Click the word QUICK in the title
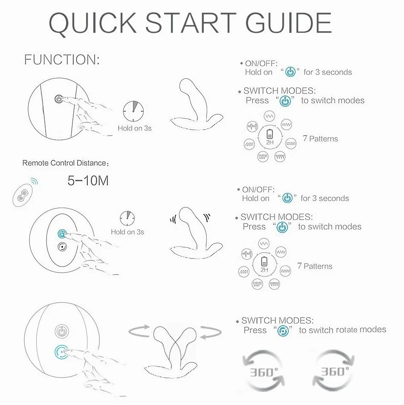[x=92, y=23]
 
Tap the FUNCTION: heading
[x=62, y=60]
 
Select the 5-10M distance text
[x=88, y=180]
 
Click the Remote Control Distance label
[x=65, y=163]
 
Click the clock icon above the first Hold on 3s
[x=133, y=111]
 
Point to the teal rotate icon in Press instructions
[x=283, y=331]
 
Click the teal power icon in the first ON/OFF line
[x=290, y=72]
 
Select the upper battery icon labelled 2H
[x=270, y=134]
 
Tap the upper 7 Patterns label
[x=320, y=139]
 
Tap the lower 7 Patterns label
[x=315, y=266]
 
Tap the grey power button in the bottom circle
[x=62, y=331]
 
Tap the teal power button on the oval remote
[x=62, y=234]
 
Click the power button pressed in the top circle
[x=59, y=98]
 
